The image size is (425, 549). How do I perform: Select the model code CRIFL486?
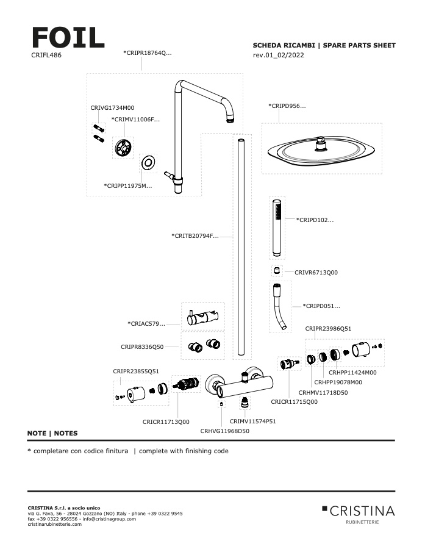46,55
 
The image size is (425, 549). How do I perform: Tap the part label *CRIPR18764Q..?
148,53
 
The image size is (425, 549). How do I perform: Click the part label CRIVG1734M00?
112,107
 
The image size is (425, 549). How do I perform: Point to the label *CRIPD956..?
287,106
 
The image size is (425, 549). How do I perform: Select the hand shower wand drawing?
276,228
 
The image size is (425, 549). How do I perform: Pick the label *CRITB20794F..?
195,235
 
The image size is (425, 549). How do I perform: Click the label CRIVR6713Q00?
316,273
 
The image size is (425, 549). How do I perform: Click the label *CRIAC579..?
146,323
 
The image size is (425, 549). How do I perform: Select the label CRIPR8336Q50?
142,346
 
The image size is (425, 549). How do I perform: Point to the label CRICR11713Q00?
166,422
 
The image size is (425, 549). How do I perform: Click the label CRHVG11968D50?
225,431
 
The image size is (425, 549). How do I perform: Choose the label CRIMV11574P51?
253,421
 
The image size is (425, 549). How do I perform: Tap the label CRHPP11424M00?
352,372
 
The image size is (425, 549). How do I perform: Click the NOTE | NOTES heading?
52,433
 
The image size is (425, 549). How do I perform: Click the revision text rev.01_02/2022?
279,55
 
